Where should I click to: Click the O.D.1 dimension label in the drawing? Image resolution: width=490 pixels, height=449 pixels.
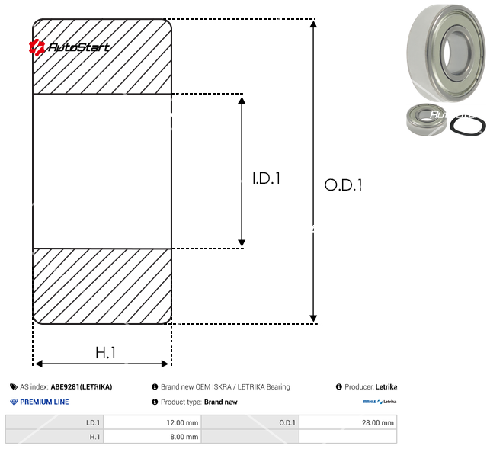pyautogui.click(x=343, y=184)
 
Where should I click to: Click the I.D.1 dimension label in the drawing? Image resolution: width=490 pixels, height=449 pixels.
pyautogui.click(x=267, y=179)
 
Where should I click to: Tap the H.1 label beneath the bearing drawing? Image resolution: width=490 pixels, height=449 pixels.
pyautogui.click(x=105, y=352)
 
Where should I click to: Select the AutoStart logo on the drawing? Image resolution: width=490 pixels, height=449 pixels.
pyautogui.click(x=69, y=47)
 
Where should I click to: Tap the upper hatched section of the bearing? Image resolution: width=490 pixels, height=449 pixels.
pyautogui.click(x=102, y=57)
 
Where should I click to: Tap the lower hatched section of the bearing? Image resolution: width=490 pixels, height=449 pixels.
pyautogui.click(x=102, y=286)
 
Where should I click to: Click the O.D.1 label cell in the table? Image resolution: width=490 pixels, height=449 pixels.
pyautogui.click(x=251, y=422)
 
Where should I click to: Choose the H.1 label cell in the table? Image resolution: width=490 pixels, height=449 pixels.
pyautogui.click(x=55, y=437)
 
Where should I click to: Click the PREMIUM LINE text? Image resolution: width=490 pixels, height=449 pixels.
pyautogui.click(x=43, y=402)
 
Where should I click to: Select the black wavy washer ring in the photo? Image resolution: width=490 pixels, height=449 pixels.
pyautogui.click(x=463, y=123)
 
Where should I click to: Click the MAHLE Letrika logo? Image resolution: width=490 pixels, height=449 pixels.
pyautogui.click(x=380, y=402)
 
